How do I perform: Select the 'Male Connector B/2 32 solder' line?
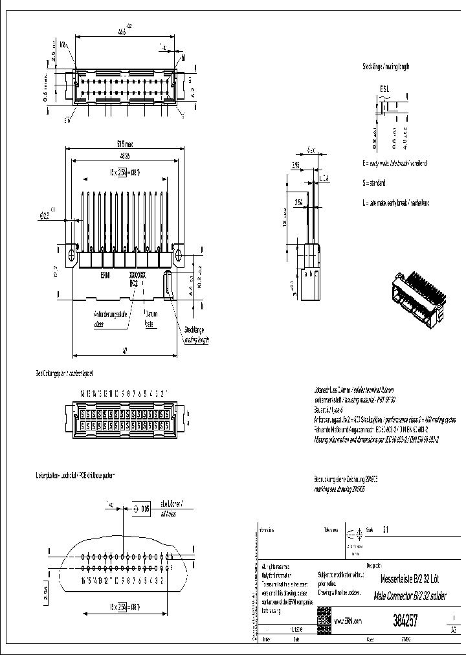click(x=411, y=593)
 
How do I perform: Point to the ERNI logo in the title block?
click(x=323, y=621)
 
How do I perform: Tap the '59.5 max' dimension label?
click(x=124, y=144)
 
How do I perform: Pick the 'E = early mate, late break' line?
click(x=394, y=163)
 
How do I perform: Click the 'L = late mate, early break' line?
click(x=395, y=203)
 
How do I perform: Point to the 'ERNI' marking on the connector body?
click(x=104, y=275)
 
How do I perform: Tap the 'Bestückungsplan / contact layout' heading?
click(x=64, y=373)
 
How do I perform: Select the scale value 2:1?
click(x=386, y=529)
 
